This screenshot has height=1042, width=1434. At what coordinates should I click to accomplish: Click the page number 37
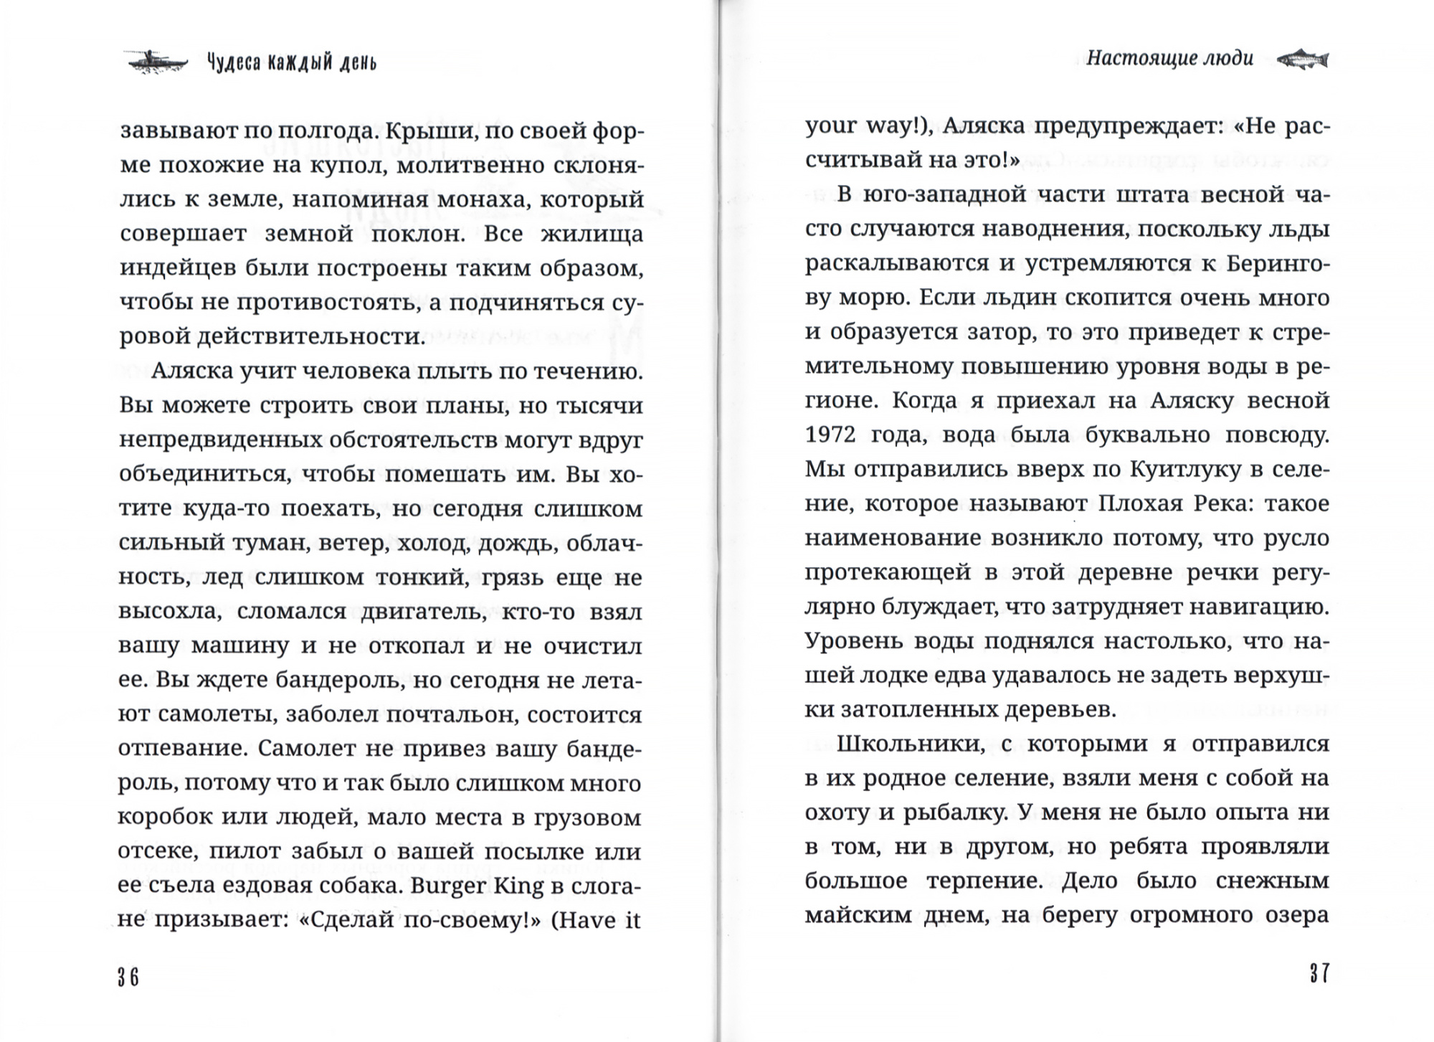[x=1319, y=973]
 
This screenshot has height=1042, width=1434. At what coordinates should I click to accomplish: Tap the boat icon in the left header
[x=156, y=62]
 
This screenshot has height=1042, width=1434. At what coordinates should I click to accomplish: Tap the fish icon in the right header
[x=1303, y=59]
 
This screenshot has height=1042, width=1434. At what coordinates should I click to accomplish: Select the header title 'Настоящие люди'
[x=1169, y=58]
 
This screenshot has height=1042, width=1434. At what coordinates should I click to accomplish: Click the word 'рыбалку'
[x=946, y=813]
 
